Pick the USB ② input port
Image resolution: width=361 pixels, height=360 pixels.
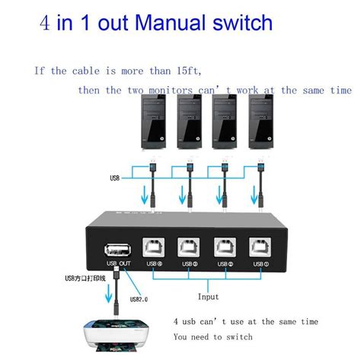(x=225, y=248)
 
